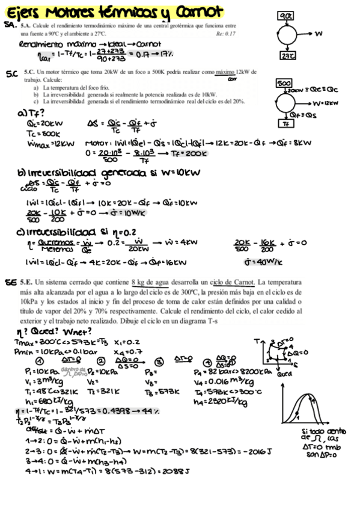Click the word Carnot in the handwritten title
(201, 11)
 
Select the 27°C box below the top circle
(286, 56)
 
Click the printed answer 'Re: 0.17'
(225, 33)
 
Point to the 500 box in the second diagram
(283, 82)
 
